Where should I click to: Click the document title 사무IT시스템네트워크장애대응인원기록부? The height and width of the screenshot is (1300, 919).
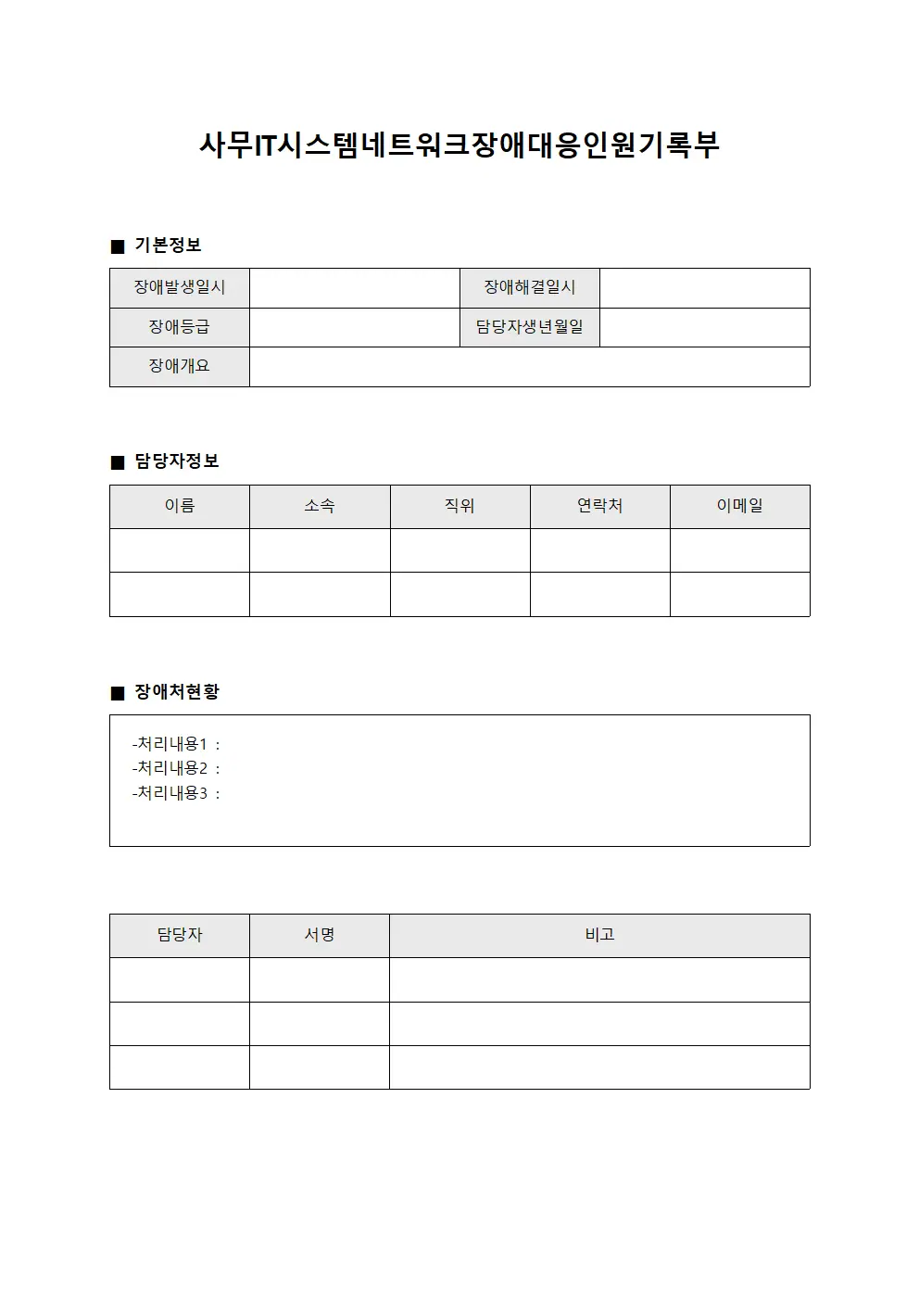point(459,145)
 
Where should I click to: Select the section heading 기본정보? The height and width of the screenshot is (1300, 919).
point(168,246)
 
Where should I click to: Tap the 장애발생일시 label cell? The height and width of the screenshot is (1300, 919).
point(180,287)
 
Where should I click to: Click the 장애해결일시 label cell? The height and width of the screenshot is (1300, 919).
point(530,287)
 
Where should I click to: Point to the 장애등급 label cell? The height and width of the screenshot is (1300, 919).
point(180,327)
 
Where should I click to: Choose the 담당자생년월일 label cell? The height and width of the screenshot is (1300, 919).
point(530,327)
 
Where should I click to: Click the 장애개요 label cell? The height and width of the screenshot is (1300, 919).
point(180,366)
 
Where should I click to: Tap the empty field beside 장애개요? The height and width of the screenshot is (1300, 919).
point(529,367)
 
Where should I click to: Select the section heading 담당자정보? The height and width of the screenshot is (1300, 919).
point(177,461)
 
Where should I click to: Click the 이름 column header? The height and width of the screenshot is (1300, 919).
point(180,506)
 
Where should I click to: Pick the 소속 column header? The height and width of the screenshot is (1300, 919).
point(320,506)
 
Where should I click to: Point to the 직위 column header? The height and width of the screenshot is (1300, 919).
point(459,506)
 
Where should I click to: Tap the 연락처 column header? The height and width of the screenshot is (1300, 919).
point(599,506)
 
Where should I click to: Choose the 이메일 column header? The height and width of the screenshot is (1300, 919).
point(739,506)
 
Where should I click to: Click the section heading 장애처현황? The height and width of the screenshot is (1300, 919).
point(177,692)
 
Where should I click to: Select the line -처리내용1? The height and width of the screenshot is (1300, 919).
point(176,744)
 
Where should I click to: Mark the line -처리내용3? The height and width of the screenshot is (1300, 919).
point(176,793)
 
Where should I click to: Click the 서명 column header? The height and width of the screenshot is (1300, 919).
point(320,935)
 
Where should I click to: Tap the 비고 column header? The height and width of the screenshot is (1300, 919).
point(599,935)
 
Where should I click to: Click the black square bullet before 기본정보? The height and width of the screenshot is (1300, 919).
point(118,246)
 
